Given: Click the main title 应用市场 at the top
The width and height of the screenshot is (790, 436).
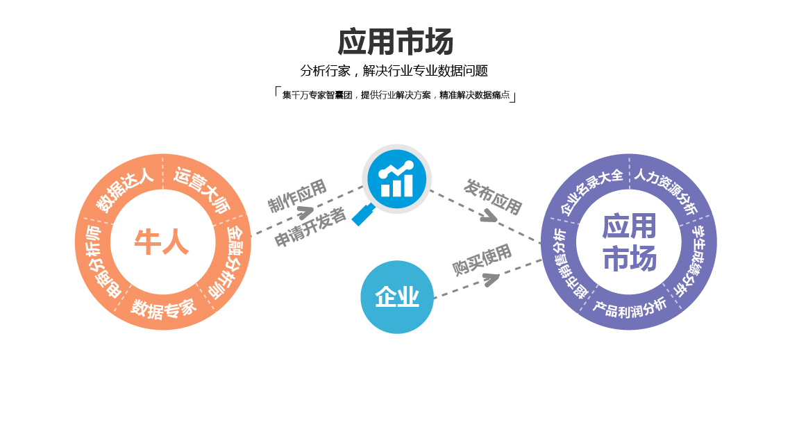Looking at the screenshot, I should click(x=395, y=42).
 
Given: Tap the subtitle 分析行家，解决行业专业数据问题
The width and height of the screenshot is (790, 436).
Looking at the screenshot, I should click(x=394, y=71).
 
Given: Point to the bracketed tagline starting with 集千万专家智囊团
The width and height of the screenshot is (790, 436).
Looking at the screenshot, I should click(x=395, y=95).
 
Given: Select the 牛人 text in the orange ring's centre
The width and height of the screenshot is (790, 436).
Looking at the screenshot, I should click(x=162, y=242).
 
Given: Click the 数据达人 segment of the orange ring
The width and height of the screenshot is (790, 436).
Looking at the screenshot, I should click(x=124, y=190).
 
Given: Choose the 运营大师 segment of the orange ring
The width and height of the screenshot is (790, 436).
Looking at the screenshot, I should click(x=202, y=188).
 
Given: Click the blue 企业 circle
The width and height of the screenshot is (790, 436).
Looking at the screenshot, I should click(x=397, y=297).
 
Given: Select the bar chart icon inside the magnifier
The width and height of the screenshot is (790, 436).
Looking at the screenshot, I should click(x=396, y=178).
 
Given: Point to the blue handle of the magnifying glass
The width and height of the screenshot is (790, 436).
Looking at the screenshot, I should click(x=363, y=215).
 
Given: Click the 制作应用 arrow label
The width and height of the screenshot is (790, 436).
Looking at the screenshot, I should click(x=297, y=195).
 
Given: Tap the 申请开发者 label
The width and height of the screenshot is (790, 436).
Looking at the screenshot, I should click(x=310, y=228).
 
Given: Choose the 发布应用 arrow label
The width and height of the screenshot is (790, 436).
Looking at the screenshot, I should click(x=493, y=196).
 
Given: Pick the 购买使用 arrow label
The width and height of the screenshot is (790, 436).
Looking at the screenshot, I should click(x=482, y=259).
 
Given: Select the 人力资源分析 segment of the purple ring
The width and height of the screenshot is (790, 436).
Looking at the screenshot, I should click(x=666, y=189).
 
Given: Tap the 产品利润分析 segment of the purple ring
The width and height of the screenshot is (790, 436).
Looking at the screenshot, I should click(x=629, y=308).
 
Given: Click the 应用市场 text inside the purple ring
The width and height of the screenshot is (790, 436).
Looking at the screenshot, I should click(x=629, y=242).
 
